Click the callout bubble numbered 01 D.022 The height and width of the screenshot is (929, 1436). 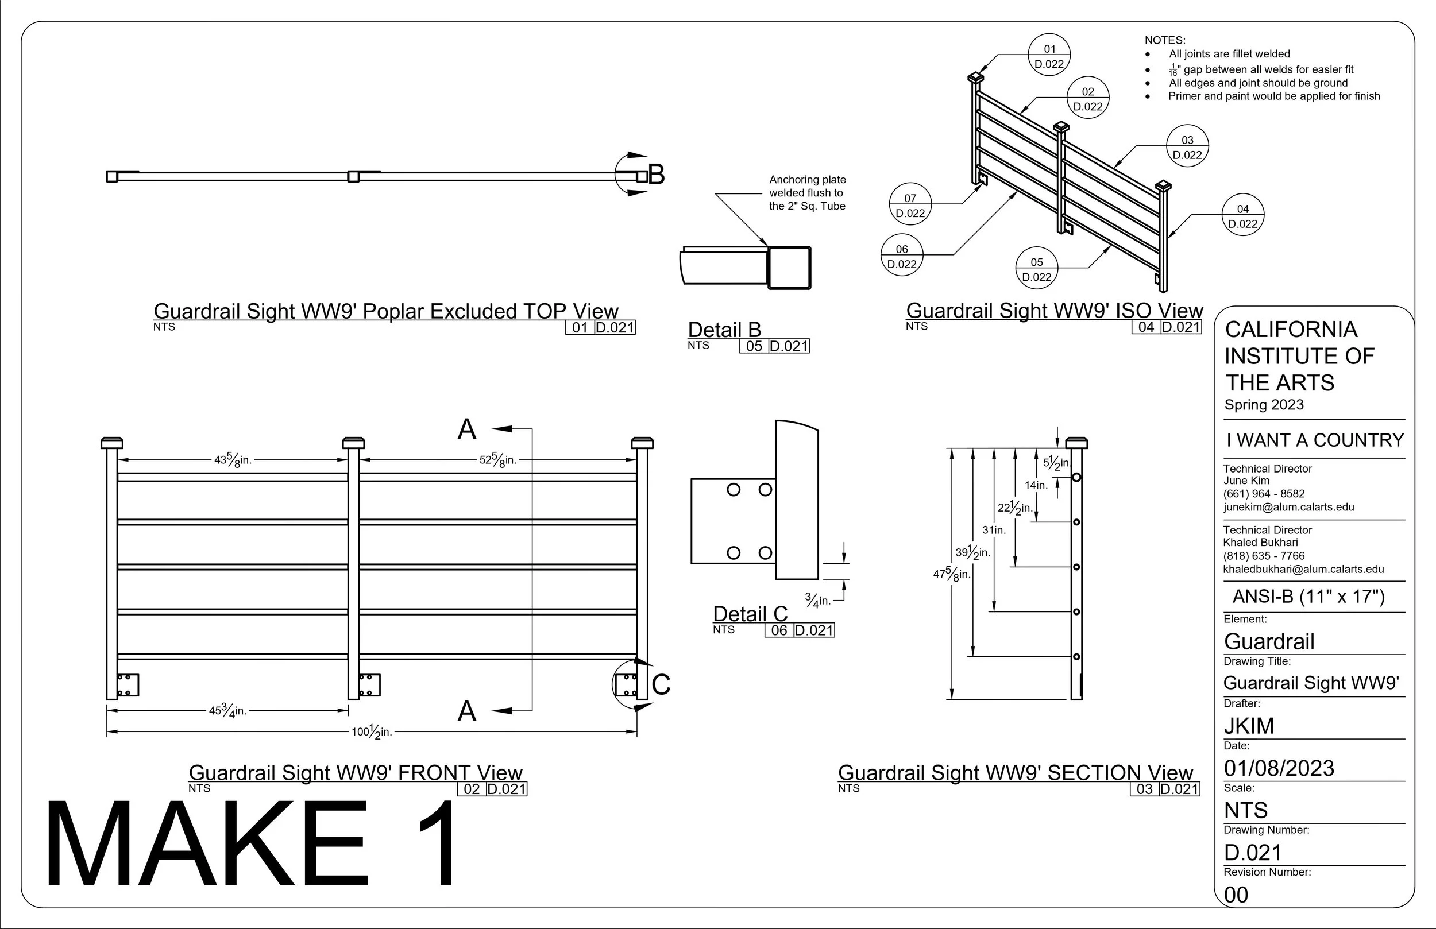(1049, 55)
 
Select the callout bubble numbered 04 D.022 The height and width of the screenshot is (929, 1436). (1243, 215)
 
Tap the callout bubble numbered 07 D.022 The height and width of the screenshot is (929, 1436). (910, 204)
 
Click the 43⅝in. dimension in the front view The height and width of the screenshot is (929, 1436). (233, 460)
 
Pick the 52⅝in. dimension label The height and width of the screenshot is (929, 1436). (499, 460)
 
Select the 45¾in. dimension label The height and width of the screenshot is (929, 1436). (227, 710)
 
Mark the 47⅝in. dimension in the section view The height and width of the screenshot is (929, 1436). (952, 573)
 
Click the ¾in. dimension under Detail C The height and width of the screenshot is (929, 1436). (817, 600)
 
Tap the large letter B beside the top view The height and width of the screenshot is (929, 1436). (657, 175)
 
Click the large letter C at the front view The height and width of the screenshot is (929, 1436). (661, 684)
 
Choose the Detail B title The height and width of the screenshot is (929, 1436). (725, 330)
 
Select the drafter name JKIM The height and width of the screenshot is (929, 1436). (1249, 726)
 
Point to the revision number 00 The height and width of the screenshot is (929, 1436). (1236, 895)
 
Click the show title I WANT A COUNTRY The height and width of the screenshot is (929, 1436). (1315, 440)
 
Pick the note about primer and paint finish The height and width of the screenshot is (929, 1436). (1274, 96)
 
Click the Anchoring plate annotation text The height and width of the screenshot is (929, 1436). (807, 192)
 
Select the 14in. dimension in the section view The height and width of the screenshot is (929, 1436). (1036, 485)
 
